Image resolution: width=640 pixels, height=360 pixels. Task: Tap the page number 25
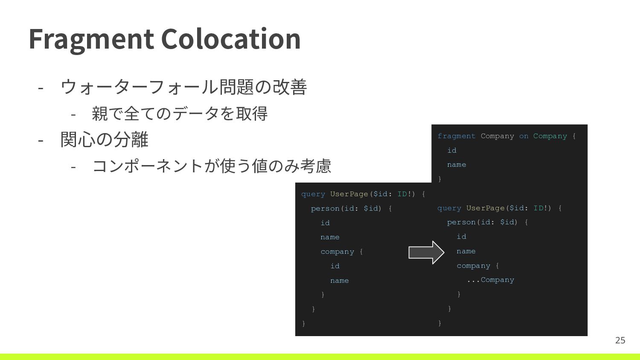tap(620, 340)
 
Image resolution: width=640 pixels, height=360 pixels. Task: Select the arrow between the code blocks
tap(426, 253)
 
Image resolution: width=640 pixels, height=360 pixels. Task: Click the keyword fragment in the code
tap(456, 136)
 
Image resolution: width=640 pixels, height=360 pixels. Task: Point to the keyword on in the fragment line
tap(524, 136)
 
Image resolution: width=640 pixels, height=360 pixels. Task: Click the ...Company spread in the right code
tap(490, 280)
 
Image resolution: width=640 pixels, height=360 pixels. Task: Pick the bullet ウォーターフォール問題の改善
tap(184, 87)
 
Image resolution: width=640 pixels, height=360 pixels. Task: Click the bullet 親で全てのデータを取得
tap(180, 113)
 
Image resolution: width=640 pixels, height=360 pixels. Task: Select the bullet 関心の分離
tap(105, 139)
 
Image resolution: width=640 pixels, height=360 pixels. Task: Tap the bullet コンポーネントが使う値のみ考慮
tap(212, 166)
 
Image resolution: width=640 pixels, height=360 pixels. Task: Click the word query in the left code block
tap(313, 194)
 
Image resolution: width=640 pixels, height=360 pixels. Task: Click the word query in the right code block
tap(449, 208)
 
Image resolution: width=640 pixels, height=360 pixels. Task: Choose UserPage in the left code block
tap(349, 194)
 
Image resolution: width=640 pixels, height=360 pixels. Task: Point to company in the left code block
tap(337, 252)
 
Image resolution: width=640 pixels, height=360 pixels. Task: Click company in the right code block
tap(473, 266)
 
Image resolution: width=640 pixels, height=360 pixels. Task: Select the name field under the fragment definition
tap(457, 165)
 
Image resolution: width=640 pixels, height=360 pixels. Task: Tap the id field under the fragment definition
tap(452, 150)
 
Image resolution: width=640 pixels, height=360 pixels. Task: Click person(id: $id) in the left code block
tap(346, 209)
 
